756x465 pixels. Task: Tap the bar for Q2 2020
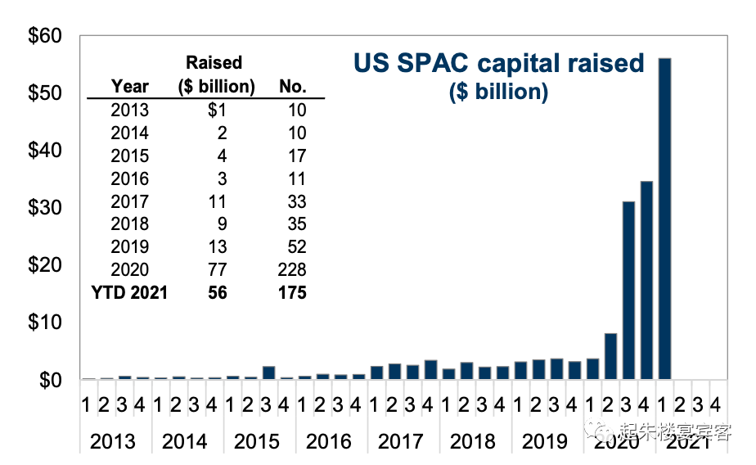[x=610, y=356]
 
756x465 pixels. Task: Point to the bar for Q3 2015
[x=268, y=372]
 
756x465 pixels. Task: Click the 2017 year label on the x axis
[x=401, y=441]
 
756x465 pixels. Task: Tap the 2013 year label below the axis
[x=113, y=441]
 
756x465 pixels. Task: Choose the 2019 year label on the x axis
[x=545, y=441]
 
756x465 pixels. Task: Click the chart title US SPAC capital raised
[x=498, y=63]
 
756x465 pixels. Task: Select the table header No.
[x=292, y=86]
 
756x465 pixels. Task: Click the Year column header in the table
[x=130, y=86]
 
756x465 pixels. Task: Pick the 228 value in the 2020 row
[x=291, y=269]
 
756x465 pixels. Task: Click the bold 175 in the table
[x=291, y=292]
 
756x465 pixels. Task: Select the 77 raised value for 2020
[x=217, y=269]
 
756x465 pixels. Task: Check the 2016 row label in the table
[x=130, y=178]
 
